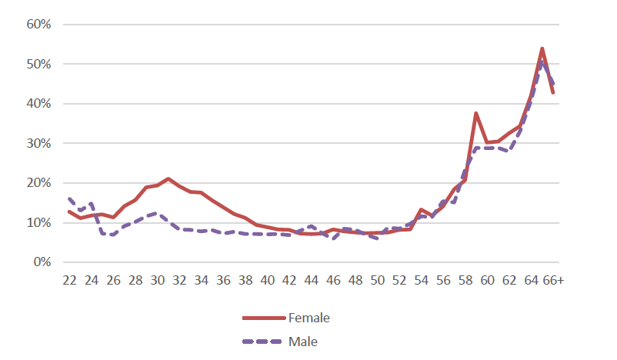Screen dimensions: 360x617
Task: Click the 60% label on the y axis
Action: [x=38, y=25]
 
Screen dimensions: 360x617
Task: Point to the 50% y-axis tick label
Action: [x=38, y=64]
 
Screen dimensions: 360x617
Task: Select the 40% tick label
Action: [x=38, y=104]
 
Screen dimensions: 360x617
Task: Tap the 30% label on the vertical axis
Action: [x=38, y=144]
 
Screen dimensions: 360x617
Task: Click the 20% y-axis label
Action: [x=38, y=183]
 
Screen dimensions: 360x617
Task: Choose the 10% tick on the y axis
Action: [x=38, y=223]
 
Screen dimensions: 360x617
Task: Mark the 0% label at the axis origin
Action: [x=41, y=262]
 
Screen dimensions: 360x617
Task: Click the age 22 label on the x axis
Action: [x=69, y=281]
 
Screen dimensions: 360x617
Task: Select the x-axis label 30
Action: [x=158, y=281]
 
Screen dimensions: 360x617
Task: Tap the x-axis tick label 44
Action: [x=312, y=281]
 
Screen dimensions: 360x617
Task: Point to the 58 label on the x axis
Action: [x=465, y=281]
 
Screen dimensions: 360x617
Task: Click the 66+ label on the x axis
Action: [x=552, y=281]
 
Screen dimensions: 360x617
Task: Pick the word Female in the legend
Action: [x=309, y=317]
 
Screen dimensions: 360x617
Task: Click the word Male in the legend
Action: [x=303, y=341]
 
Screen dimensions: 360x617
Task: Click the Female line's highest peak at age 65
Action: [x=542, y=48]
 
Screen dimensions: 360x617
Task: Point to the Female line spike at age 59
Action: [x=476, y=113]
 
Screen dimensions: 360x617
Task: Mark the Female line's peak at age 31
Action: [x=168, y=178]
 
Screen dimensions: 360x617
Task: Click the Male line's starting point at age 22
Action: [x=69, y=198]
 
